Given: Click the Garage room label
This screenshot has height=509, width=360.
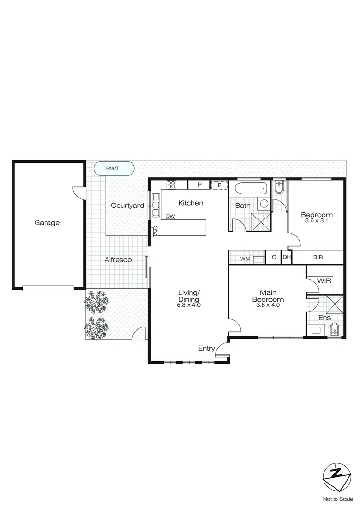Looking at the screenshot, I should point(47,222).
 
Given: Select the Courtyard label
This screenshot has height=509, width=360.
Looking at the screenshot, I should point(127,206).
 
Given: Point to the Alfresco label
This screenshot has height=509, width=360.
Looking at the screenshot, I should point(118,259).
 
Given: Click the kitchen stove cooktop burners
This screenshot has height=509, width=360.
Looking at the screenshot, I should point(171,185).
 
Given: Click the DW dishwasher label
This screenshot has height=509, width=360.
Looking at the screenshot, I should point(170,216).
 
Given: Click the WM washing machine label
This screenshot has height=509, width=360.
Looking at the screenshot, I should point(245,259).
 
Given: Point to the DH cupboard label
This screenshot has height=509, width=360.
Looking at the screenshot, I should point(287,257).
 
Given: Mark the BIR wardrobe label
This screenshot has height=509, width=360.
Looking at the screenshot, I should point(318,257).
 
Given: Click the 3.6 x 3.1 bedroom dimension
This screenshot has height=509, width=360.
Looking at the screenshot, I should point(316,220).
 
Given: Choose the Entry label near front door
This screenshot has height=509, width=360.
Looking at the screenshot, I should point(206,348).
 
